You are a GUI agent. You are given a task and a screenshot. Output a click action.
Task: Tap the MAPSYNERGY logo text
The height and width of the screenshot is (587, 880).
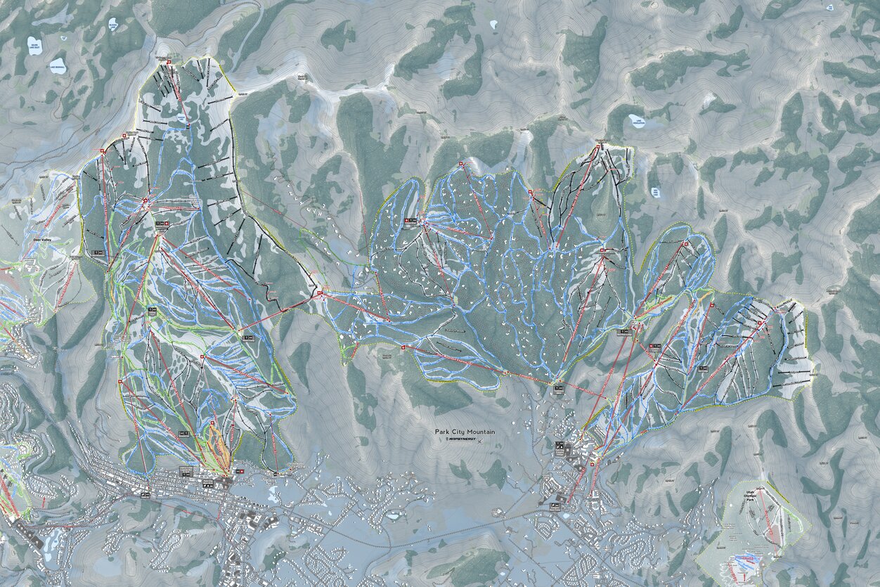click(461, 439)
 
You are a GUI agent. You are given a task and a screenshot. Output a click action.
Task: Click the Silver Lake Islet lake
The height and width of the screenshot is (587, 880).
click(34, 46)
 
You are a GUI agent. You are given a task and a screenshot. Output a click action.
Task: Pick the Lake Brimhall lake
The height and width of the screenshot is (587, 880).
click(58, 66)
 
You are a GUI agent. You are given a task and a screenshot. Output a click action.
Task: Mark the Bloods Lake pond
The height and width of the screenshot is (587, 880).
click(112, 25)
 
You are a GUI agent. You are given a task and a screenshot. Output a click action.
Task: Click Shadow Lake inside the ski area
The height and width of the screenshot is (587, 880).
click(182, 120)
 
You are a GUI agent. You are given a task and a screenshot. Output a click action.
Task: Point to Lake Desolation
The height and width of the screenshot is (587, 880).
click(636, 121)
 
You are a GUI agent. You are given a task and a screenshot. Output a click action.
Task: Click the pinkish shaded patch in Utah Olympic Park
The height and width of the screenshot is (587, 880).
click(745, 562)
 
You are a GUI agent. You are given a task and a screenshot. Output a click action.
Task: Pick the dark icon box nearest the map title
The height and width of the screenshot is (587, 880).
click(559, 445)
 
